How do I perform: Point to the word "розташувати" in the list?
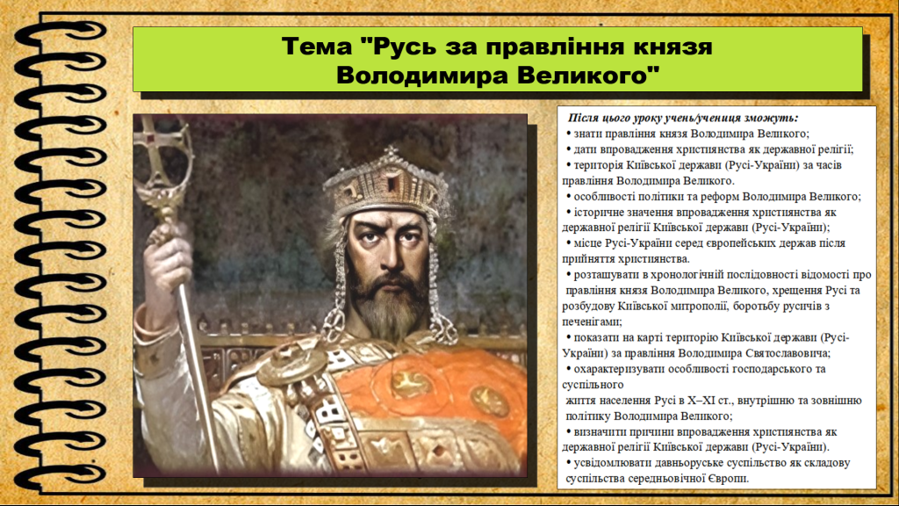click(607, 275)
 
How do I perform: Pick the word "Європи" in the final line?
click(725, 479)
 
